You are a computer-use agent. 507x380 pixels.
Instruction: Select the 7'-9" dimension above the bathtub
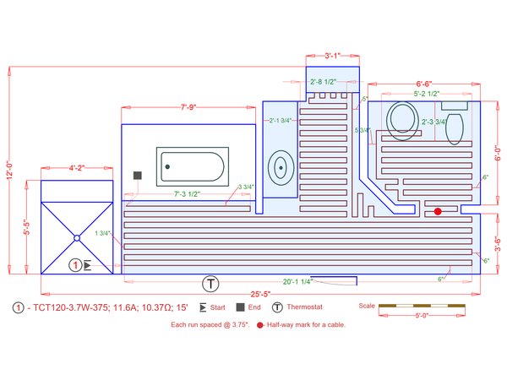[x=189, y=107]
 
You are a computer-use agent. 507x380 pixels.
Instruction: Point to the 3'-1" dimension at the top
[x=332, y=56]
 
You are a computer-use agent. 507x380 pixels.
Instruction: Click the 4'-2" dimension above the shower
[x=79, y=168]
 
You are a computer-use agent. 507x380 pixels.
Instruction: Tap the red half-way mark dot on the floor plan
[x=438, y=212]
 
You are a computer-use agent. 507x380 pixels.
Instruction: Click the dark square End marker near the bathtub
[x=137, y=175]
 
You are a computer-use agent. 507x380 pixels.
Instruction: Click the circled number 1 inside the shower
[x=75, y=265]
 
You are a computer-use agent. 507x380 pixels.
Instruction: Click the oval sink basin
[x=280, y=166]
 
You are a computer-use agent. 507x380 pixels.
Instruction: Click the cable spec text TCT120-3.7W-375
[x=65, y=307]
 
